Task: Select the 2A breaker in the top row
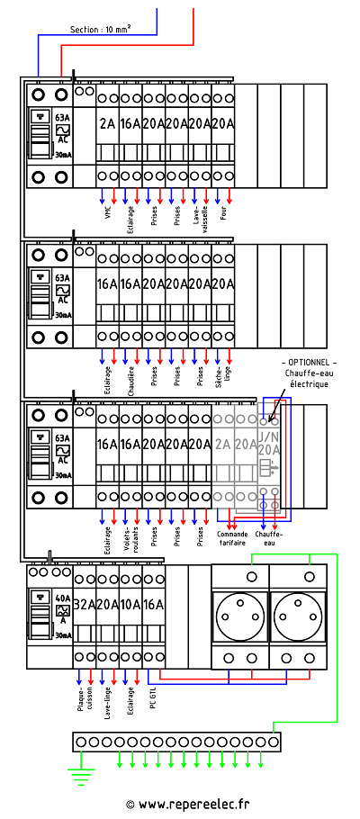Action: pos(108,124)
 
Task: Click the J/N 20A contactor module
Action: pos(268,450)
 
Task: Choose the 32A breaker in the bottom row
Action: pos(85,604)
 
